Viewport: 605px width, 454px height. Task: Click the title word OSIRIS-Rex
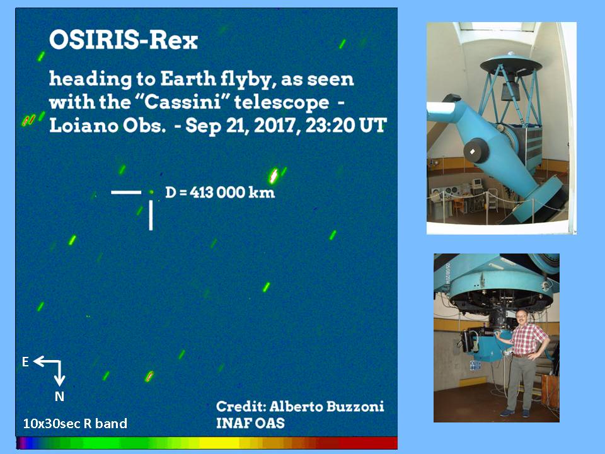point(124,40)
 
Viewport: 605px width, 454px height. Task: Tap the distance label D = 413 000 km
point(220,192)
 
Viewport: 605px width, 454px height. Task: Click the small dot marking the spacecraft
point(151,192)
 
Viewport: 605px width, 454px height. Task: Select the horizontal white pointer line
point(126,192)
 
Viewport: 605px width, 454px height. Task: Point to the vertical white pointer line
point(151,215)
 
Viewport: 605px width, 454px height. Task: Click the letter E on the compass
point(25,362)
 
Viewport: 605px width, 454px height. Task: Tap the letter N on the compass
point(59,397)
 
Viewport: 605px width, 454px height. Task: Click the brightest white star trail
point(274,176)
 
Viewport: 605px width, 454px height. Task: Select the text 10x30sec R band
point(75,424)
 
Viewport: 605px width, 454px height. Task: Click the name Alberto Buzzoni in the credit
point(326,407)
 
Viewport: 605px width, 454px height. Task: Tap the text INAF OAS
point(250,423)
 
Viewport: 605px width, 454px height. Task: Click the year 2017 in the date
point(277,125)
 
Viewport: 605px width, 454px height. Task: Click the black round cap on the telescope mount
point(476,150)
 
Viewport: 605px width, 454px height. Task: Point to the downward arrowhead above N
point(59,381)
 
